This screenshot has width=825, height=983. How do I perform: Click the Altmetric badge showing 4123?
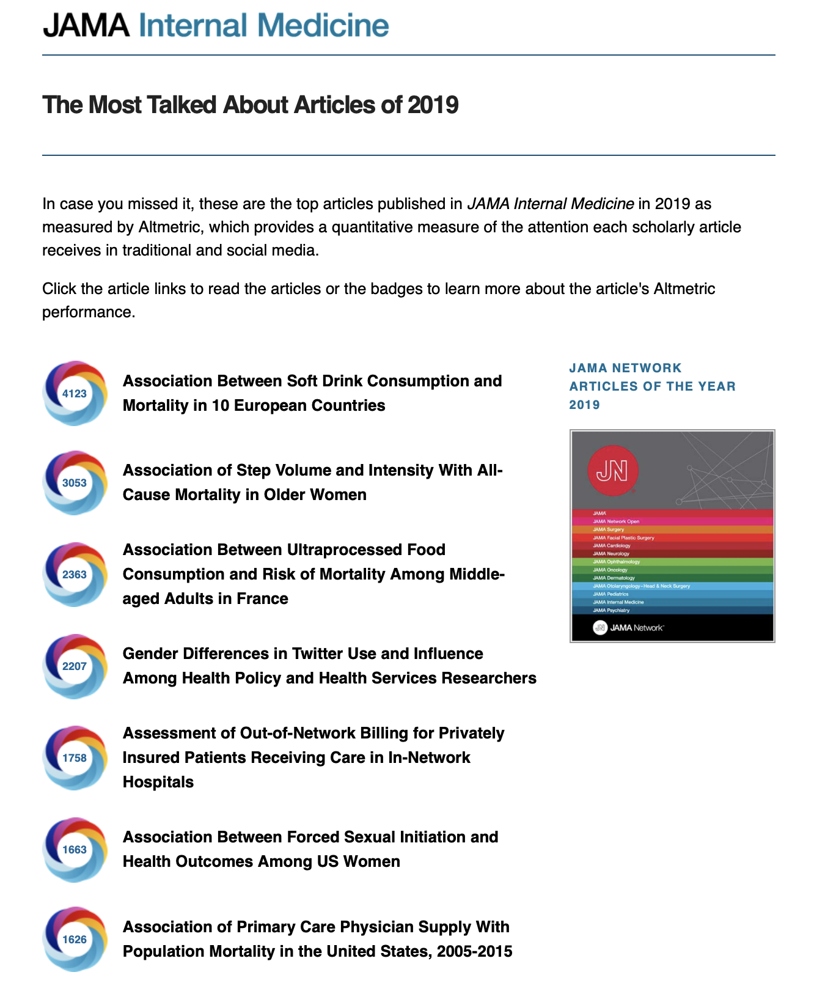[75, 393]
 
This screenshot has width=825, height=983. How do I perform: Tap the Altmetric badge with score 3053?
[75, 483]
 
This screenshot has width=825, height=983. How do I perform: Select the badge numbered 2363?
[75, 575]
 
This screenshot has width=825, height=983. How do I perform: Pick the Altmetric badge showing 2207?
[75, 666]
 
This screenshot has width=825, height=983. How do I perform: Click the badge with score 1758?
[75, 758]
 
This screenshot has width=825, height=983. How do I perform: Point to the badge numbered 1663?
[75, 850]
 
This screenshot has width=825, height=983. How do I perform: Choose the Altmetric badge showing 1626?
[75, 940]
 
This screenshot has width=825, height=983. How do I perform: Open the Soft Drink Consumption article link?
[312, 393]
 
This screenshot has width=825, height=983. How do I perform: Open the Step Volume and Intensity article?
[312, 482]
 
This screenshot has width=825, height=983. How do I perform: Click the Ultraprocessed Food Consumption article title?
[313, 574]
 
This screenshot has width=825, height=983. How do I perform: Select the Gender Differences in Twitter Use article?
[329, 666]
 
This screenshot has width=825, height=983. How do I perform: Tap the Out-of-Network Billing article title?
[313, 757]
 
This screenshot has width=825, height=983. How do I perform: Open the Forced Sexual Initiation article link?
[310, 849]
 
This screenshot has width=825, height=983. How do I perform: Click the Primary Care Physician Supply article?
[317, 939]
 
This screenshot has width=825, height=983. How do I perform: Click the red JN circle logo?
[612, 471]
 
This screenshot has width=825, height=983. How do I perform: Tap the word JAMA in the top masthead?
[86, 26]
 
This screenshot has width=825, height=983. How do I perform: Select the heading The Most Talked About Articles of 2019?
[250, 105]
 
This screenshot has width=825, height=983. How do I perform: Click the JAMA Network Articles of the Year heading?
[652, 386]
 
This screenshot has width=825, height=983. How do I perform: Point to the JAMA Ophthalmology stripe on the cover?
[672, 562]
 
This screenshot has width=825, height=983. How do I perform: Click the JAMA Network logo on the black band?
[628, 628]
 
